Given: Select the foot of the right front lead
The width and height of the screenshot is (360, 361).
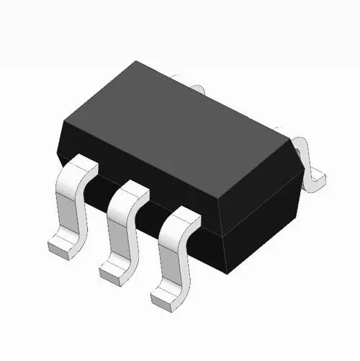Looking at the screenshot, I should click(x=166, y=293).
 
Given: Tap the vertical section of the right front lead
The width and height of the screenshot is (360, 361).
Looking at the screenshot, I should click(x=174, y=256).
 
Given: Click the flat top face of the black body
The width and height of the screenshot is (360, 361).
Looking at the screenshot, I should click(x=180, y=115).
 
